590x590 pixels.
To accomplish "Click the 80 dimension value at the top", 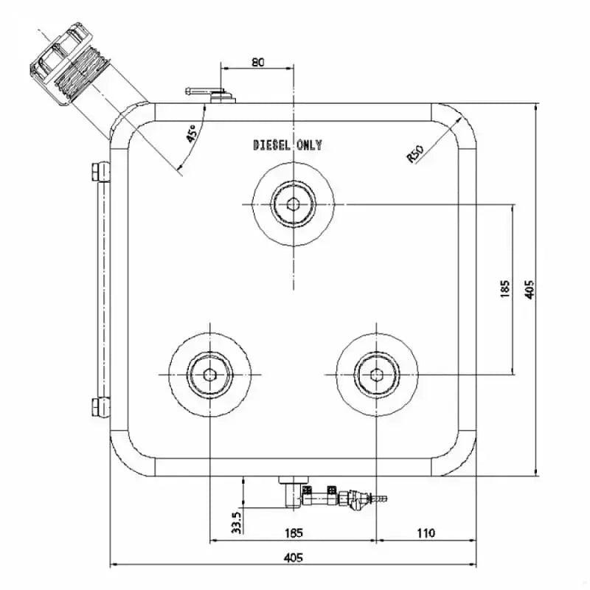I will [x=257, y=63].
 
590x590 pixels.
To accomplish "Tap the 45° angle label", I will [x=191, y=133].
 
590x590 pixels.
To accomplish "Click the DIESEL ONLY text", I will [x=288, y=145].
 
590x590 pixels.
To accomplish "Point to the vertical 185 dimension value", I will [x=504, y=289].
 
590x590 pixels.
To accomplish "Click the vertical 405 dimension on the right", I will [x=528, y=289].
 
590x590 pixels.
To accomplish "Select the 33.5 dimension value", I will [x=236, y=522].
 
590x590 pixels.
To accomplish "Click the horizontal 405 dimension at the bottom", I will [x=293, y=558].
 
